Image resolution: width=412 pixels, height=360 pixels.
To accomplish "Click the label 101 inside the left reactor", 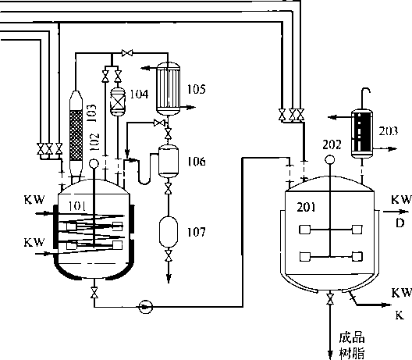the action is (77, 206).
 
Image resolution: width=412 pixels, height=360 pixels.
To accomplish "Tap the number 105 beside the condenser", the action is (197, 89).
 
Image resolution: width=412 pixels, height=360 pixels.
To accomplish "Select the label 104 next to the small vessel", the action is (139, 94).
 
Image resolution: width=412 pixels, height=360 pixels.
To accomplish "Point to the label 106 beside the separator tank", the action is (197, 161).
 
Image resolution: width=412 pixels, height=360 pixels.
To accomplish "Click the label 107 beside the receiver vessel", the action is (197, 232).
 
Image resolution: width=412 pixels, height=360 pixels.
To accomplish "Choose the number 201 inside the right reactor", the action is (306, 207).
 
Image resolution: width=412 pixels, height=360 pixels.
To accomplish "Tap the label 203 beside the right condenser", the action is (388, 131).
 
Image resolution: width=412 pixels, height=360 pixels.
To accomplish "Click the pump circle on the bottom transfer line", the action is (146, 307).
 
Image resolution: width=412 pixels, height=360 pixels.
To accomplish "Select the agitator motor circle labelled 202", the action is (330, 159).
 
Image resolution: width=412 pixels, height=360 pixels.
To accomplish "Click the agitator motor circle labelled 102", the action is (94, 163).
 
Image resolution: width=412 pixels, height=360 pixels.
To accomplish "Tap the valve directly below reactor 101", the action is (94, 292).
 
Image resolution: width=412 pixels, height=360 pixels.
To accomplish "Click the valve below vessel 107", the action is (169, 255).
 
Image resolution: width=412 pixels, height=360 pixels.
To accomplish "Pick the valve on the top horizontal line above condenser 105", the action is (127, 53).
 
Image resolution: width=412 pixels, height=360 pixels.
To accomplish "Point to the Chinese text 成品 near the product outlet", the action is (352, 337).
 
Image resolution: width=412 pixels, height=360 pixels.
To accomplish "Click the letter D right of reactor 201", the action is (400, 223).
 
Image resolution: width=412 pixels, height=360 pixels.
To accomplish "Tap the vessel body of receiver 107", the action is (169, 232).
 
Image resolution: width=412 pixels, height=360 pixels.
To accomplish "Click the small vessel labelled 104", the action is (118, 102).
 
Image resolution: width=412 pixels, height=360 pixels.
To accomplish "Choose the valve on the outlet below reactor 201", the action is (330, 299).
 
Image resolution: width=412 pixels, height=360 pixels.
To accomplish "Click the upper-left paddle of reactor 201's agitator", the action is (305, 230).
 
